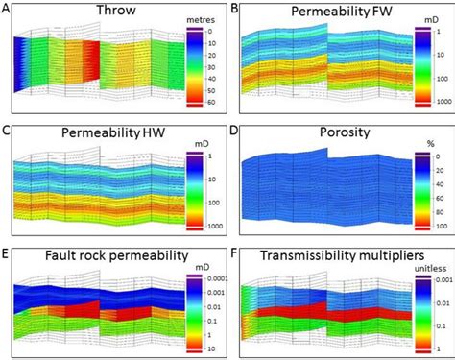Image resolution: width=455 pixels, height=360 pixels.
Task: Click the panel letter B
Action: tap(234, 9)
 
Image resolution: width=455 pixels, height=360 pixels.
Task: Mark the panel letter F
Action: tap(234, 252)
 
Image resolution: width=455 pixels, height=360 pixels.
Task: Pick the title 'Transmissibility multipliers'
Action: tap(329, 256)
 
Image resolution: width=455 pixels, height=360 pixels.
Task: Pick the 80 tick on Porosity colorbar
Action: tap(431, 212)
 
